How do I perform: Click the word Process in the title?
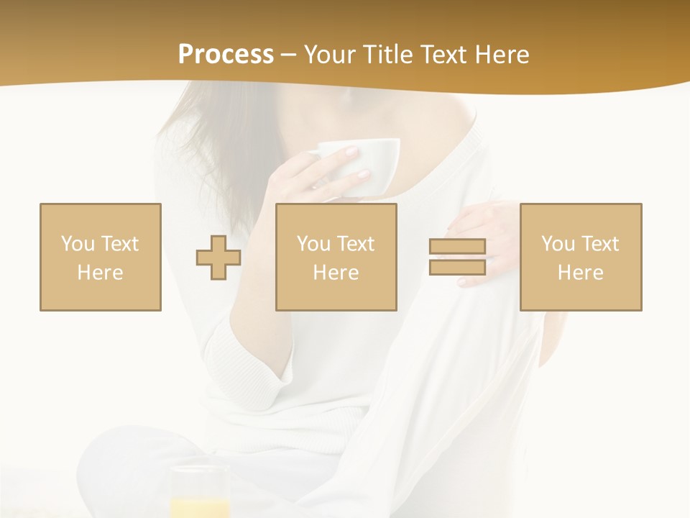pyautogui.click(x=226, y=54)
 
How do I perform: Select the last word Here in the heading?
pyautogui.click(x=502, y=55)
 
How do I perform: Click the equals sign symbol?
pyautogui.click(x=457, y=257)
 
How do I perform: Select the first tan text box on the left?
pyautogui.click(x=101, y=257)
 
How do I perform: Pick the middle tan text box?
pyautogui.click(x=336, y=257)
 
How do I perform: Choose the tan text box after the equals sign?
pyautogui.click(x=581, y=257)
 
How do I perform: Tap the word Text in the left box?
pyautogui.click(x=120, y=244)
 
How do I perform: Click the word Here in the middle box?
pyautogui.click(x=336, y=273)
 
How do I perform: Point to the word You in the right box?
pyautogui.click(x=558, y=244)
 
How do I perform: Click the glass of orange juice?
pyautogui.click(x=200, y=493)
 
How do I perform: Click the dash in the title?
pyautogui.click(x=289, y=55)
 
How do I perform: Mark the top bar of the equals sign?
pyautogui.click(x=457, y=247)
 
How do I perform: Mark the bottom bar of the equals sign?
pyautogui.click(x=457, y=267)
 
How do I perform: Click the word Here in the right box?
pyautogui.click(x=581, y=273)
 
